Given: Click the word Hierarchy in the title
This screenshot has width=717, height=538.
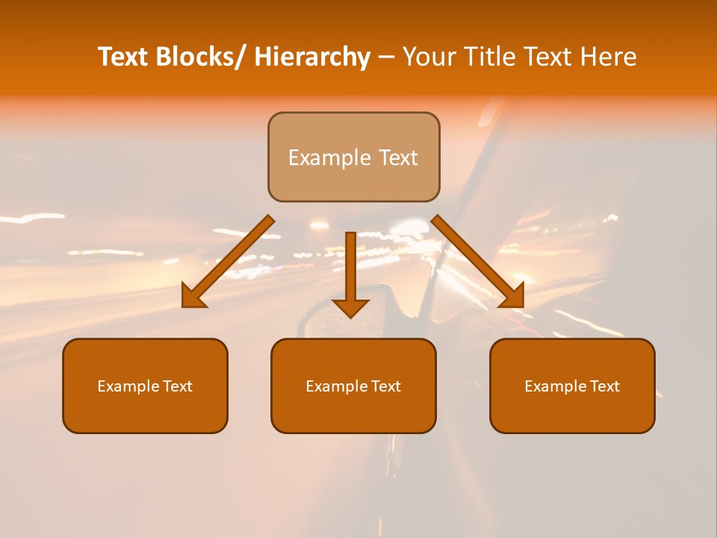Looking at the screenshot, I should coord(312,57).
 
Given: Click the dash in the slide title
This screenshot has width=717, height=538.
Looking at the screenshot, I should coord(386,58).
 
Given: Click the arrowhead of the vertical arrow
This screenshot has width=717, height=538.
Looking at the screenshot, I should coord(350,307).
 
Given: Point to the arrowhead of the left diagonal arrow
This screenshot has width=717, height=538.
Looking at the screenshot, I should coord(193,297).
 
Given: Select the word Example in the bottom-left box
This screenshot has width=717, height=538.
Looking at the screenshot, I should coord(128,386).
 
